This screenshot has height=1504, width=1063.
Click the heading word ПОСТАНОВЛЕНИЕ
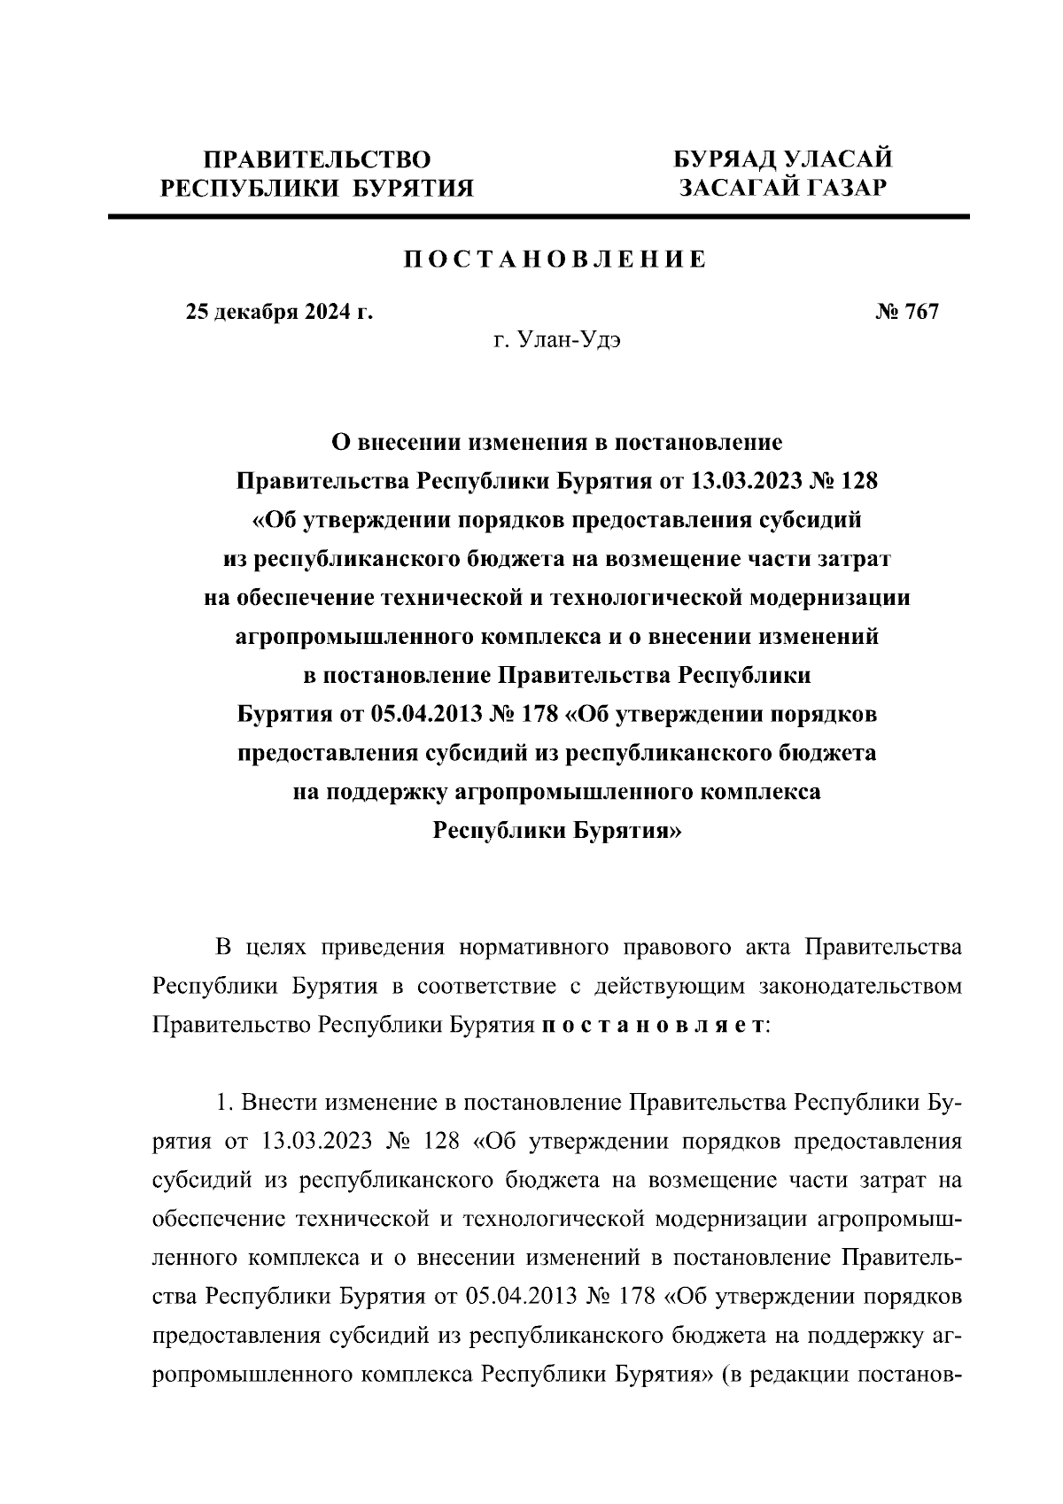[555, 260]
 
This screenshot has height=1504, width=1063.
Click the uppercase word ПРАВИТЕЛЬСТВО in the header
[317, 159]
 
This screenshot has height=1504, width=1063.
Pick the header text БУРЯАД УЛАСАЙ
[782, 159]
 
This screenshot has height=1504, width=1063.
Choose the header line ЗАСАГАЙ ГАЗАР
[782, 188]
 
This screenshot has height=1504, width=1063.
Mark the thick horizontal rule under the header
[539, 216]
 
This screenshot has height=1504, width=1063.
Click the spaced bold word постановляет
[653, 1025]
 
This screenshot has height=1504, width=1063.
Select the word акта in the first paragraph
[768, 947]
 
